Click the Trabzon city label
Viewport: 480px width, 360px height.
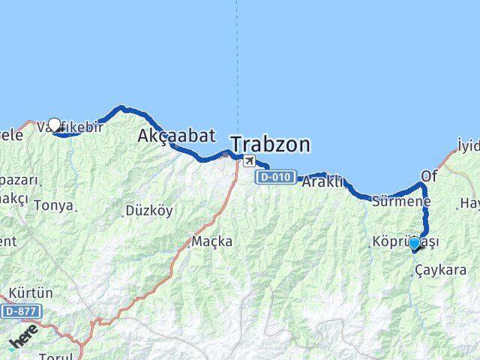click(271, 143)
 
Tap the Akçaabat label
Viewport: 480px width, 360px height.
click(176, 136)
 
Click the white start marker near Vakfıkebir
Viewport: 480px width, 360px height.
click(54, 125)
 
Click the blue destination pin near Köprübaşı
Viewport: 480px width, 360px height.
click(414, 244)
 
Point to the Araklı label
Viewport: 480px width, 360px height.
click(322, 181)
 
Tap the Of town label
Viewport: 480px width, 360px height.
click(429, 175)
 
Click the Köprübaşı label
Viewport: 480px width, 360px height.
click(405, 241)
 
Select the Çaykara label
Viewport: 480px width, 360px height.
click(445, 270)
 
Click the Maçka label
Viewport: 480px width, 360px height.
click(211, 241)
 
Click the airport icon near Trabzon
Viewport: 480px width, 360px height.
click(247, 160)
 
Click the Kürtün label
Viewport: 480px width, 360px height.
click(31, 292)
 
